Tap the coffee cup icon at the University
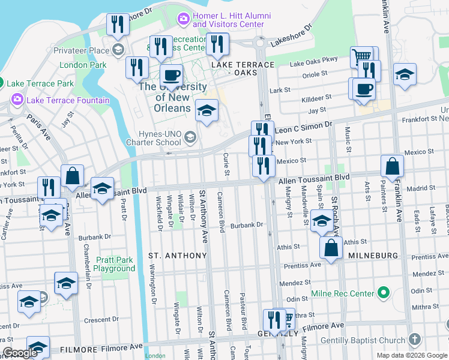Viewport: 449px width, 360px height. (x=172, y=76)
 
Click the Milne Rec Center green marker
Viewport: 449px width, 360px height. (x=383, y=293)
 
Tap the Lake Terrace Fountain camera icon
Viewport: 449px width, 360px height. (x=16, y=100)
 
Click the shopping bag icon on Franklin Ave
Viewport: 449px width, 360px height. (x=392, y=166)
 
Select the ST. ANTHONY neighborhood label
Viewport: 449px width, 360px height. (x=178, y=256)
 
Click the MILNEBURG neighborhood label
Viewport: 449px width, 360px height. (x=373, y=256)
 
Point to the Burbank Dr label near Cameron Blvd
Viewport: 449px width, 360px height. (x=247, y=225)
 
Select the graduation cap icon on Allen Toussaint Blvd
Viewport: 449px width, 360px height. (x=102, y=189)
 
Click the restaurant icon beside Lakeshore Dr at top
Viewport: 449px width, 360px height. (x=118, y=25)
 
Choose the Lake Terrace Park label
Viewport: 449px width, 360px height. (x=40, y=83)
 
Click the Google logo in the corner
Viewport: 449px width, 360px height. (x=20, y=353)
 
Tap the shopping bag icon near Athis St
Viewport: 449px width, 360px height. (x=331, y=248)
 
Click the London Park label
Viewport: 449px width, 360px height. (x=83, y=65)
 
